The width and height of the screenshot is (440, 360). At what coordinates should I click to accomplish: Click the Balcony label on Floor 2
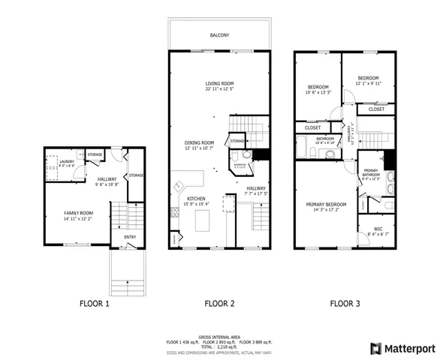[x=220, y=35]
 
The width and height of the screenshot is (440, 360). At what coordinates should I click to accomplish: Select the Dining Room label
[x=200, y=142]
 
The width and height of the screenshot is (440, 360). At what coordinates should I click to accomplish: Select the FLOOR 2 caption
[x=220, y=304]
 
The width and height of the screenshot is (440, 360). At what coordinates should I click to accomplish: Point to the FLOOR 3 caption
[x=345, y=304]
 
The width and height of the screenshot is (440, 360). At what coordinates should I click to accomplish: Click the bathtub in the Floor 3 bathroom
[x=303, y=153]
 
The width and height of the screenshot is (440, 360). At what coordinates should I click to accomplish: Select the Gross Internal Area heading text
[x=219, y=337]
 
